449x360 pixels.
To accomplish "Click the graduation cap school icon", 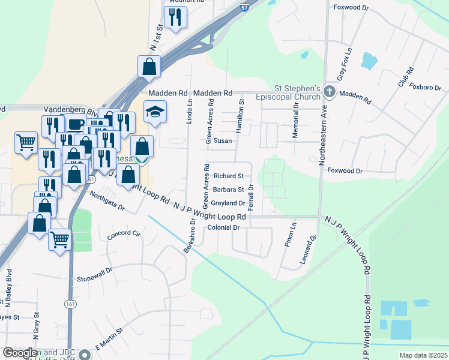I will (155, 112).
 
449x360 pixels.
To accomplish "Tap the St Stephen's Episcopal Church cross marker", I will (328, 92).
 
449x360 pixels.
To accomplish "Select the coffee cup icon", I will (75, 124).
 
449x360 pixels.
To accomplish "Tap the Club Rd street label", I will (405, 77).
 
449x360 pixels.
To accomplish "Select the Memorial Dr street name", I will (295, 121).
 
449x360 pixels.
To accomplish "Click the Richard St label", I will (229, 176).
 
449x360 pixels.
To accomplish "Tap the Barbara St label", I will (228, 190).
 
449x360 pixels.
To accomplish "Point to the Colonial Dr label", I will (223, 228).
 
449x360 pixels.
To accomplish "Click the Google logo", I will (20, 353).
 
